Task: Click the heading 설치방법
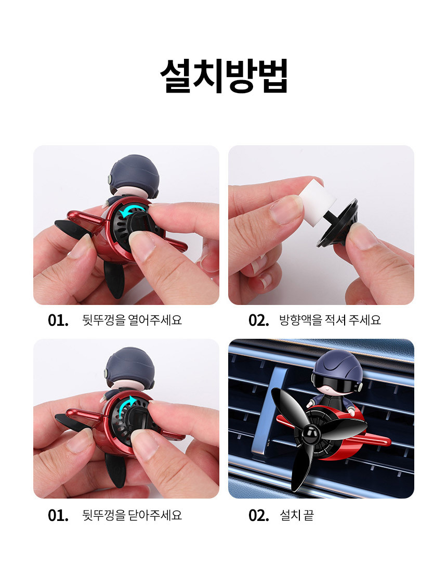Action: click(x=224, y=75)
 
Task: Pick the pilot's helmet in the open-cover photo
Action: click(x=135, y=174)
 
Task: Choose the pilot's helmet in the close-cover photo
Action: click(x=129, y=368)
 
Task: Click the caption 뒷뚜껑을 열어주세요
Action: click(x=132, y=320)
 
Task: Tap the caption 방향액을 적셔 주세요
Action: click(x=330, y=320)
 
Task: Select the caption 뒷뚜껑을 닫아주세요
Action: click(x=132, y=515)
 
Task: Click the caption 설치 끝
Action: click(x=297, y=515)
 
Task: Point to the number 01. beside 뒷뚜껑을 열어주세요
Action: click(x=58, y=320)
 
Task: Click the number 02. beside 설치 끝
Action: click(x=258, y=515)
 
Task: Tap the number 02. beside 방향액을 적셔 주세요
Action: click(x=258, y=320)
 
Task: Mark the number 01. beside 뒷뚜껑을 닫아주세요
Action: click(x=58, y=515)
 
